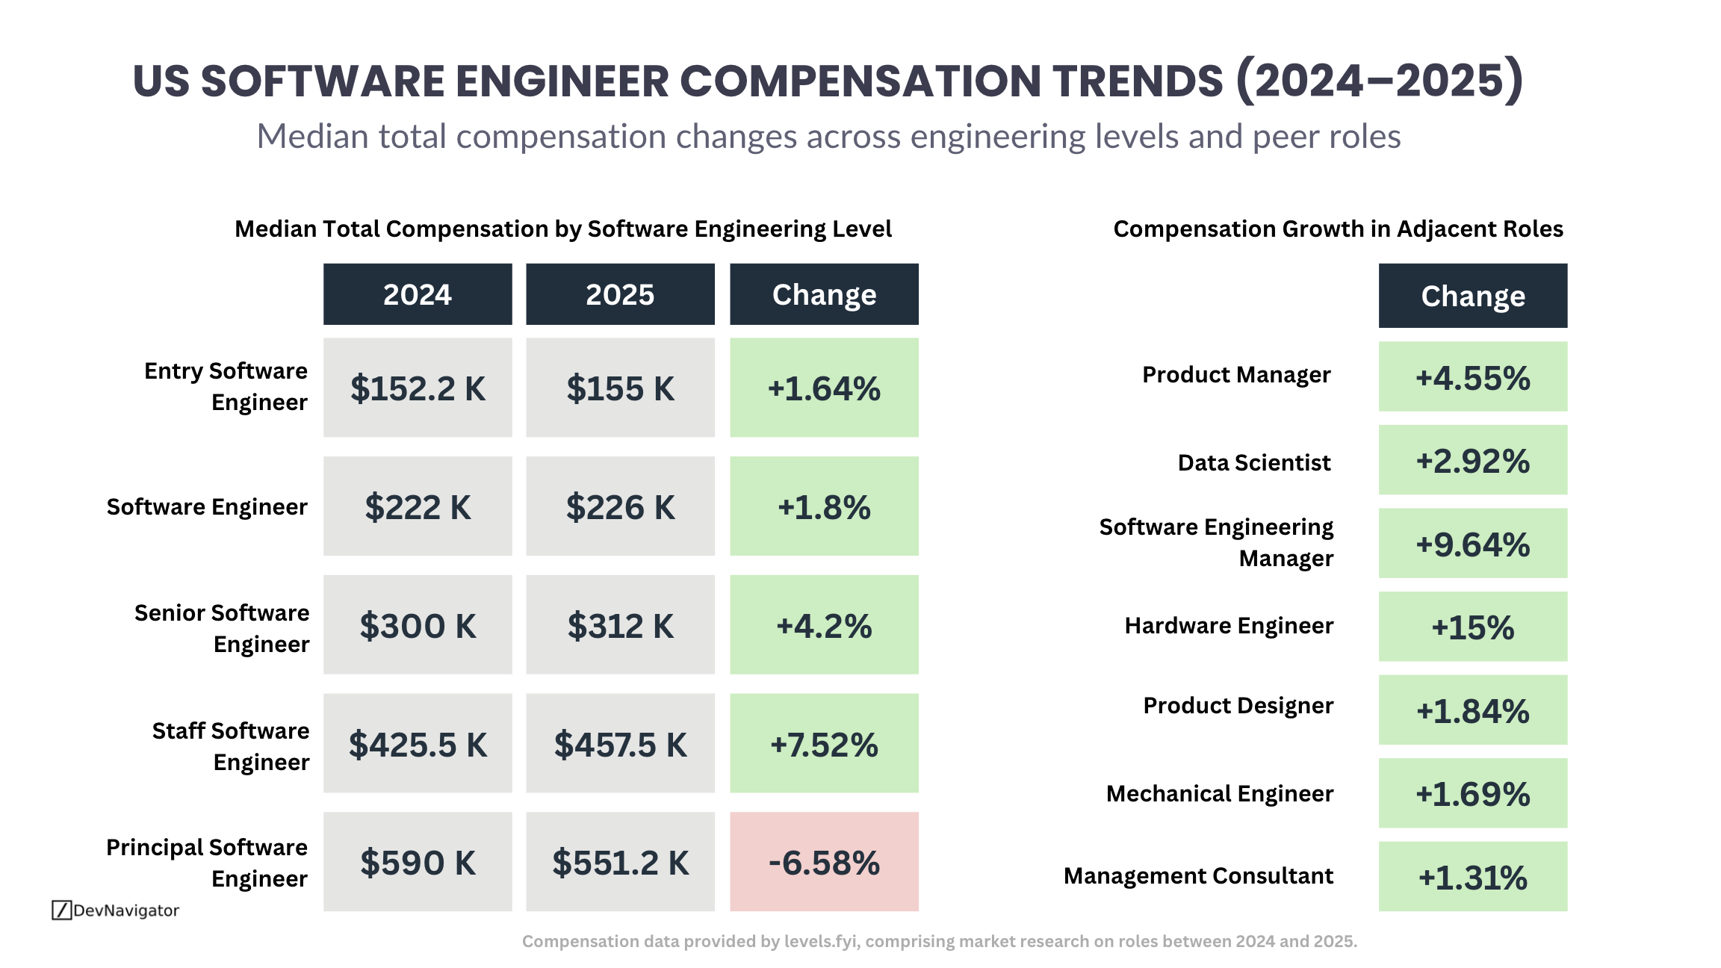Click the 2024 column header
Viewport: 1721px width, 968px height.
418,294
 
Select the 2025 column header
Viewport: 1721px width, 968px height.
620,294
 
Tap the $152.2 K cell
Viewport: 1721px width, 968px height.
418,388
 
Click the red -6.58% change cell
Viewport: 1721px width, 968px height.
824,862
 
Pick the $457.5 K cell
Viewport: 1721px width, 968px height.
620,744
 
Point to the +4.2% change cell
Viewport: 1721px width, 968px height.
824,625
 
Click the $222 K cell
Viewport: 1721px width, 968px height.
418,506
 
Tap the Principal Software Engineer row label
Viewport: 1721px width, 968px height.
207,863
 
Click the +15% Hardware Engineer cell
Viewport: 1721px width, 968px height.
1472,627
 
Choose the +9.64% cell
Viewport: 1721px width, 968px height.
1472,544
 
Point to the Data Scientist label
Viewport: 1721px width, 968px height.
1253,462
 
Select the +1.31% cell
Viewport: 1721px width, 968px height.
1472,877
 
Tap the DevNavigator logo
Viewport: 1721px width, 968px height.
116,910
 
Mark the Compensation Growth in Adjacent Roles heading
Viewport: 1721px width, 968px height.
1338,229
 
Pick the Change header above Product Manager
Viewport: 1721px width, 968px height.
1472,296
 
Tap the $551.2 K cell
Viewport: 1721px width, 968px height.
620,862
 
